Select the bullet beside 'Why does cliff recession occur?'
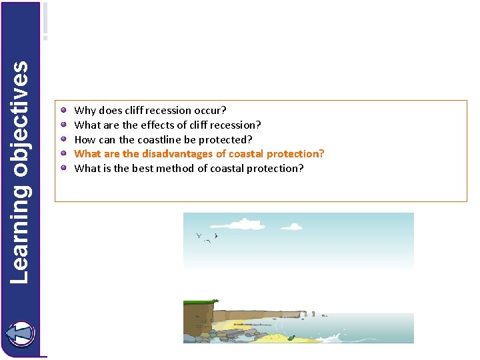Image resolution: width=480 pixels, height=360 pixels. point(63,110)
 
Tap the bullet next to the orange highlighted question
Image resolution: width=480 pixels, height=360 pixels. point(63,153)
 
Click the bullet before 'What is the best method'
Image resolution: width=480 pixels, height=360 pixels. point(63,168)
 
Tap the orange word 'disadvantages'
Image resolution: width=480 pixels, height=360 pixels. point(174,153)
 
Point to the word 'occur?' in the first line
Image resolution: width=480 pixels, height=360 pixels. point(211,110)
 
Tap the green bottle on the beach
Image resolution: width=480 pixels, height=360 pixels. point(290,338)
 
